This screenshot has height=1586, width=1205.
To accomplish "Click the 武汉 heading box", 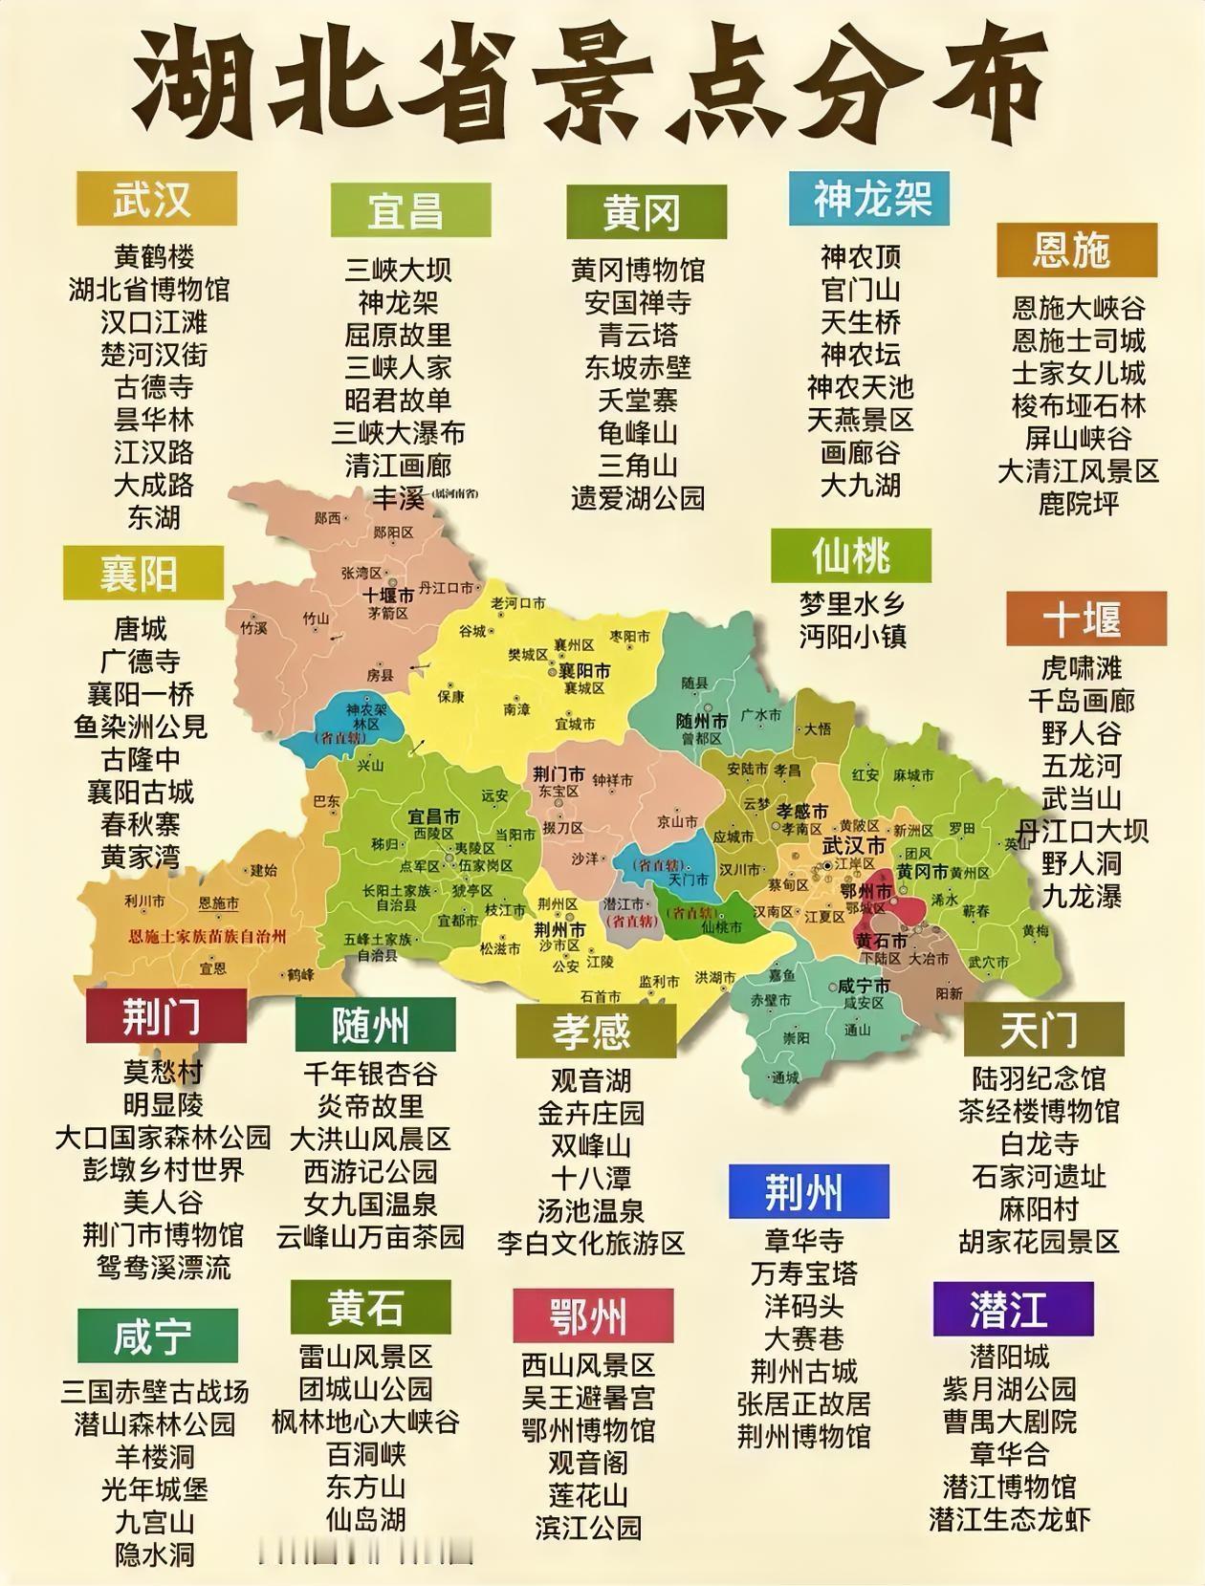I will coord(157,199).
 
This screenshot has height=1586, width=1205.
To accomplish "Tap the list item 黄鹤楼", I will coord(154,256).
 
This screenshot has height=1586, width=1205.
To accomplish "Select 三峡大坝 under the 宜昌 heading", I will coord(398,270).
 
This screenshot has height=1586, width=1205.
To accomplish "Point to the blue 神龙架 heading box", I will coord(869,199).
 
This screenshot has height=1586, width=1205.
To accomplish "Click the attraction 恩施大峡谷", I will coord(1079,308).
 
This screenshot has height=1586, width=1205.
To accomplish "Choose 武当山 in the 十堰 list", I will coord(1082,798).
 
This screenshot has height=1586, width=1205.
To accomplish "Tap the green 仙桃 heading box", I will coord(851,555).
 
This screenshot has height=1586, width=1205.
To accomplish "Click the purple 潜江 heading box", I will coord(1012,1309).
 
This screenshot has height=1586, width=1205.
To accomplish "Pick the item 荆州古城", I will coord(804,1372).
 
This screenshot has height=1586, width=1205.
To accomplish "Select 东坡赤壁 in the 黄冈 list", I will coord(638,367).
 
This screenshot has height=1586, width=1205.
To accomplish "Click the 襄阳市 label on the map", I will coord(584,671).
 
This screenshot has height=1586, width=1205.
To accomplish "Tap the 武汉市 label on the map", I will coord(853,846).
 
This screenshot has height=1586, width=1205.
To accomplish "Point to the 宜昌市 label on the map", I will coord(433,816).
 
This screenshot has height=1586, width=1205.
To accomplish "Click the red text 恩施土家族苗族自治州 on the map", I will coord(208,937).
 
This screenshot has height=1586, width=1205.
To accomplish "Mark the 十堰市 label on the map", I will coord(387,595).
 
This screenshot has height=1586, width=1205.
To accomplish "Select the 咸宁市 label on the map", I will coord(863,986).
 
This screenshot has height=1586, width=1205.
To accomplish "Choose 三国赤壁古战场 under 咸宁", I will coord(155,1391).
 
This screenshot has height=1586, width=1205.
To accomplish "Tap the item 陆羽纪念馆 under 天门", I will coord(1039,1078).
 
